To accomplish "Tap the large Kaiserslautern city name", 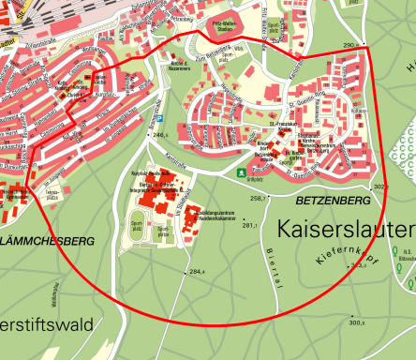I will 346,230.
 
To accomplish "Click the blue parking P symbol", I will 159,119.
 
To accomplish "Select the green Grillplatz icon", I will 242,172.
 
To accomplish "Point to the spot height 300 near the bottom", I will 356,322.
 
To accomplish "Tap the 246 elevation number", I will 158,135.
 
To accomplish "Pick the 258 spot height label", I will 259,199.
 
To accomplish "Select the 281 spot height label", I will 248,225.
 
